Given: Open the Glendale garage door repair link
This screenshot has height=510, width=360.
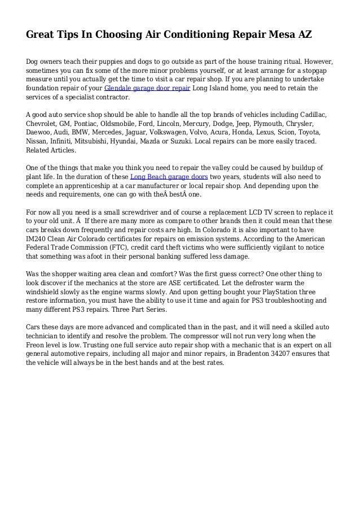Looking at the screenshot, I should [x=147, y=89].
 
